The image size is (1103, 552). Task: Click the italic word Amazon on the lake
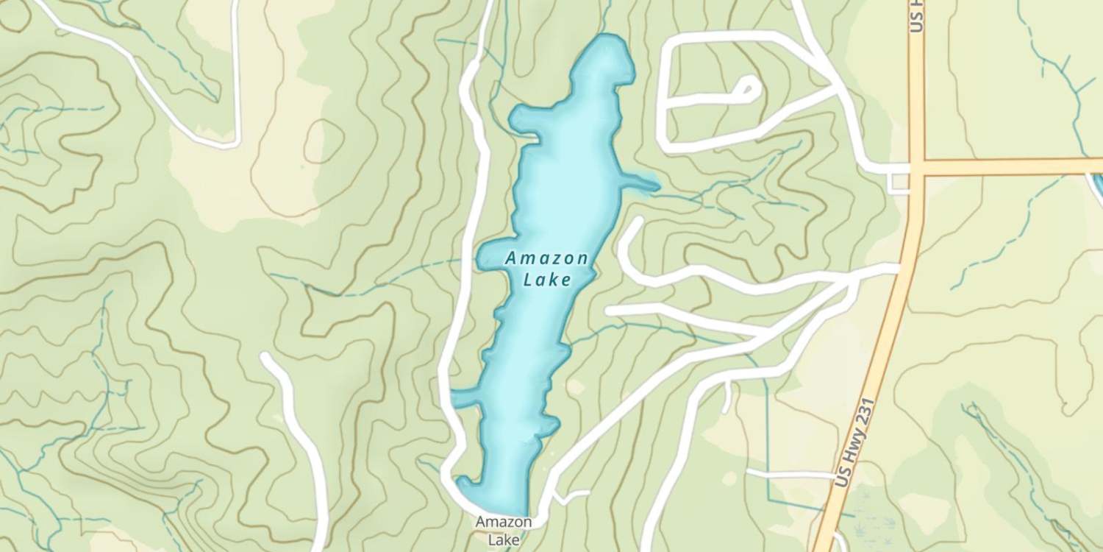[546, 259]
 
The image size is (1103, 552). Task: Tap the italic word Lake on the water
[547, 280]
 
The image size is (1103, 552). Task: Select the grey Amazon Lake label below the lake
[503, 530]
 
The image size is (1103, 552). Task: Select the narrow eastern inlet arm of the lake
[640, 183]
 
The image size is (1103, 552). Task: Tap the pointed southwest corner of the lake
[462, 481]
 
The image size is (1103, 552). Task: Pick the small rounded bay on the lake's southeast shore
[550, 425]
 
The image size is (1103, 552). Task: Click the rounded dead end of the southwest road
[267, 359]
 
